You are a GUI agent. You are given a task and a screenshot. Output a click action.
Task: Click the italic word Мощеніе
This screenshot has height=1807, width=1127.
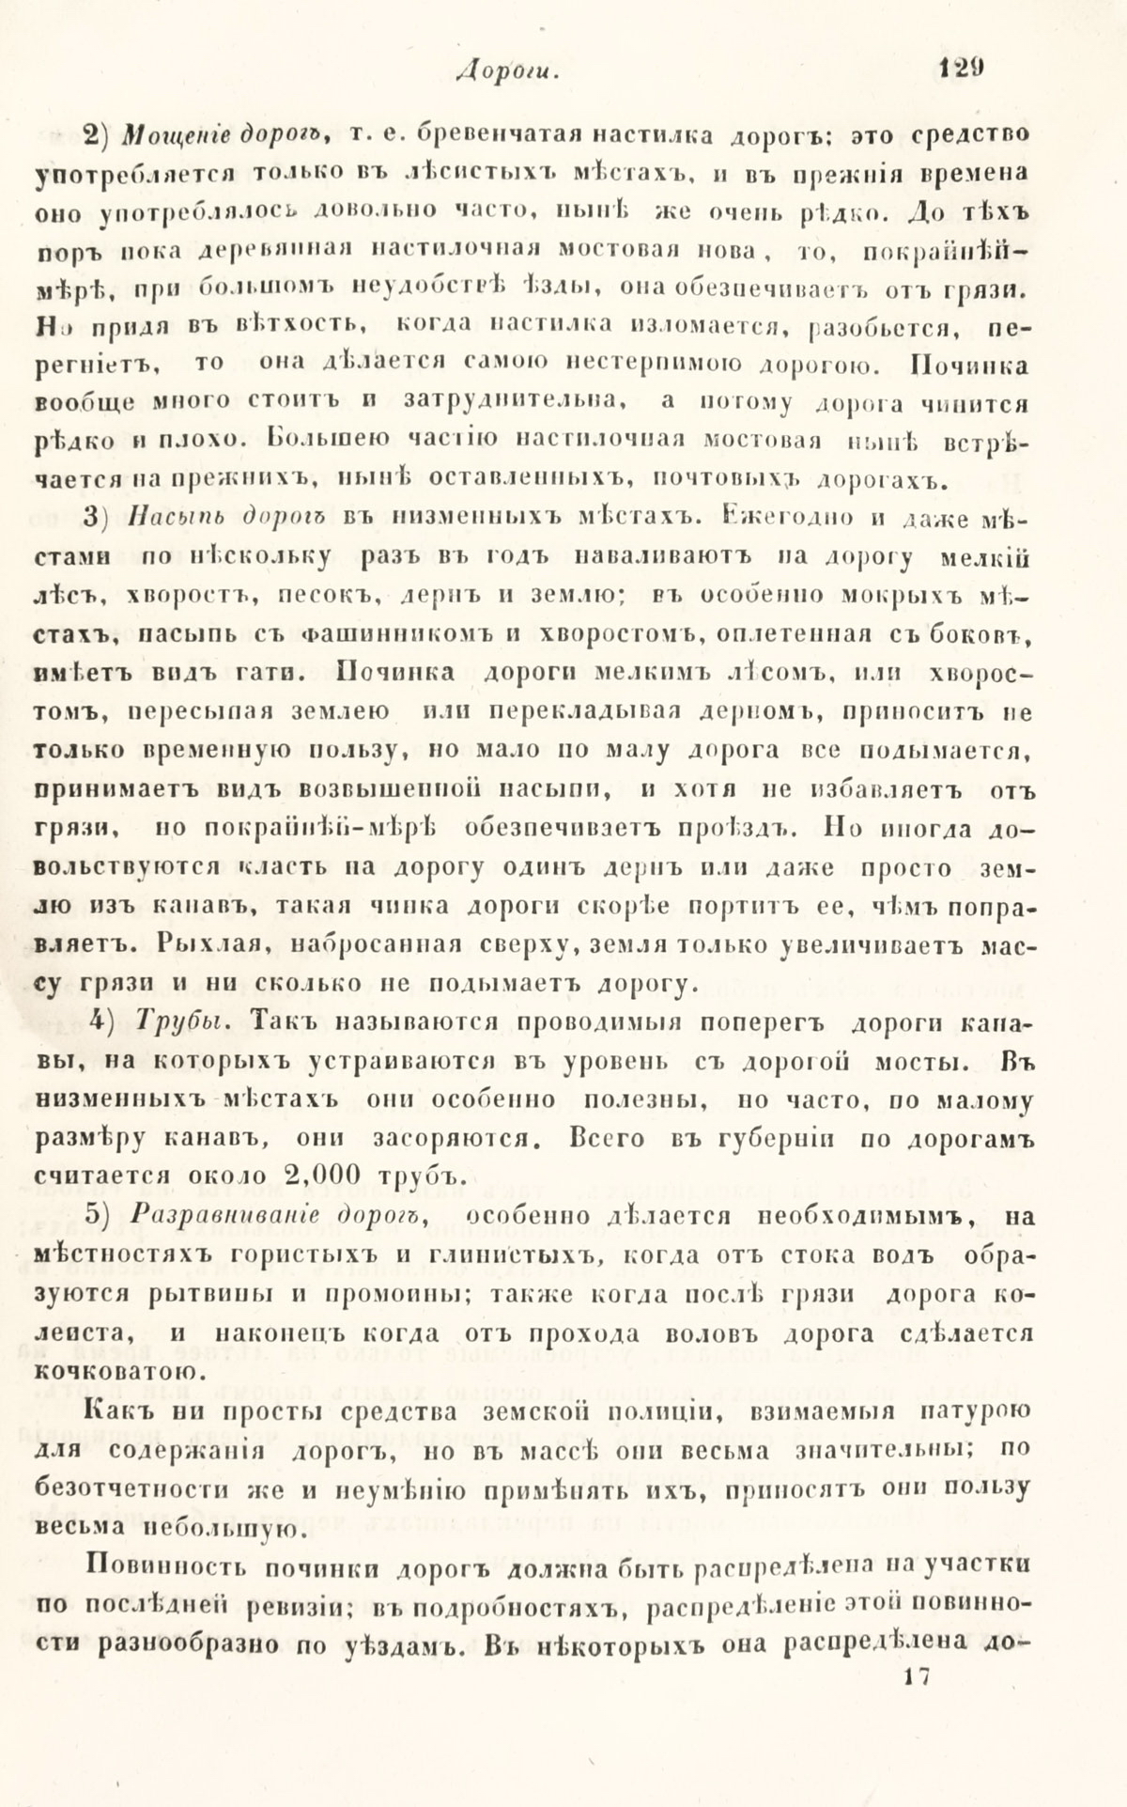click(x=171, y=135)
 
